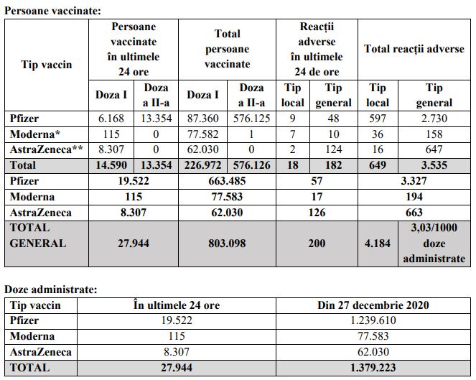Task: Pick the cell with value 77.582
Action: coord(203,134)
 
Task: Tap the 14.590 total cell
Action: coord(111,165)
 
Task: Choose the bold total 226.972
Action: coord(203,165)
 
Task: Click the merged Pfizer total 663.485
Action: coord(228,181)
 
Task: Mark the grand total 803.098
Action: coord(228,244)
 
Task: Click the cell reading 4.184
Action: coord(377,244)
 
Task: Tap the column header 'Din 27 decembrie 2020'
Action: coord(373,305)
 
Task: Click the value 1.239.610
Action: coord(373,321)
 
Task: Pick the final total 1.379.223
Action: coord(373,368)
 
